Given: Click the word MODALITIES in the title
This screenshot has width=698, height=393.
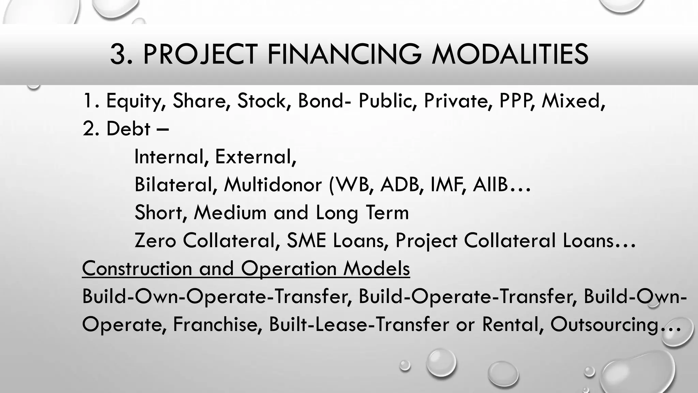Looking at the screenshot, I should pyautogui.click(x=510, y=54).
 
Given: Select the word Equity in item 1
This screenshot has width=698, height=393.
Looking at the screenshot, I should pyautogui.click(x=136, y=101).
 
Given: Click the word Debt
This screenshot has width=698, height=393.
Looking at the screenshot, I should pyautogui.click(x=128, y=129).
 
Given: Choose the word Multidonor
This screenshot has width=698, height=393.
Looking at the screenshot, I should pyautogui.click(x=273, y=185).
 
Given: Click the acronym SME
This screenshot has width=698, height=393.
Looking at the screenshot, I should pyautogui.click(x=306, y=241).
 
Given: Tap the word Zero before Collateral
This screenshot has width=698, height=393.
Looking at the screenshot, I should pyautogui.click(x=155, y=241).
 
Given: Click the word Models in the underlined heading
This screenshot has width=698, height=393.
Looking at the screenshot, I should pyautogui.click(x=376, y=268).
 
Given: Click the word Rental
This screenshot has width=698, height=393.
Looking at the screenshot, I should pyautogui.click(x=512, y=324).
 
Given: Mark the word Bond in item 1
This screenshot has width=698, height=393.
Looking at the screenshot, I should pyautogui.click(x=320, y=101).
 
